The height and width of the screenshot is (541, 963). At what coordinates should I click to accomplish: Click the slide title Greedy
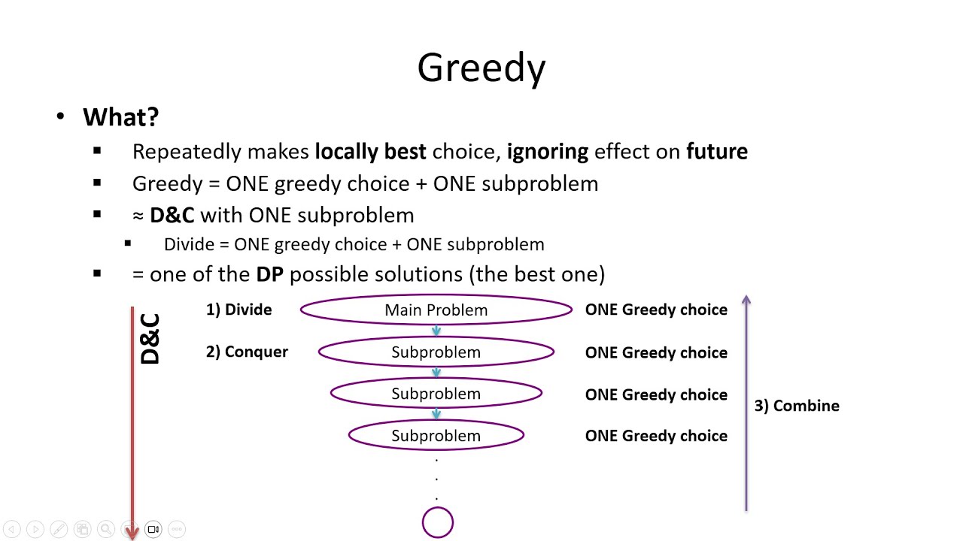(x=481, y=68)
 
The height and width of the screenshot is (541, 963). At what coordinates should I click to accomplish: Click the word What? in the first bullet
(x=120, y=117)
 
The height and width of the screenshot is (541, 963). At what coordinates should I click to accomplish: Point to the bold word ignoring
(x=547, y=152)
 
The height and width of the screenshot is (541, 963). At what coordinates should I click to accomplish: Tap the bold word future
(x=716, y=152)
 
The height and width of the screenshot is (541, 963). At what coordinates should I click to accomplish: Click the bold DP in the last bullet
(x=269, y=274)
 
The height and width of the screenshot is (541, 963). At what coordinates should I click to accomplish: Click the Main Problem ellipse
(x=436, y=310)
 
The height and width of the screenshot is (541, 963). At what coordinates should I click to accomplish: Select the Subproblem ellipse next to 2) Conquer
(x=436, y=352)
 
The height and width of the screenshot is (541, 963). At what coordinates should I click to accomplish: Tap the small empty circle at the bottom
(x=438, y=523)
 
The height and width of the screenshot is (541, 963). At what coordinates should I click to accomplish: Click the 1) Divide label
(x=238, y=310)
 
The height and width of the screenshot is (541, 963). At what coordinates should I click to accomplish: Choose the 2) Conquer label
(x=247, y=352)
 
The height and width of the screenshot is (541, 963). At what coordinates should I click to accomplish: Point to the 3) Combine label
(x=797, y=406)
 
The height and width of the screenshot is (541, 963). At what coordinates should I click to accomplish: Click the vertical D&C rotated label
(x=150, y=340)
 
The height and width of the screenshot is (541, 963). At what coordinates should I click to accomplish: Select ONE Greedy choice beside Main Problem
(x=656, y=310)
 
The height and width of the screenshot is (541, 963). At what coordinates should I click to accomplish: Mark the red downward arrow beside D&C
(x=132, y=421)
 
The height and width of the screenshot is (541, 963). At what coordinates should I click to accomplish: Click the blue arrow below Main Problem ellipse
(x=436, y=331)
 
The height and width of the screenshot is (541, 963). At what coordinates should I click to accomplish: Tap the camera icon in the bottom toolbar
(x=153, y=529)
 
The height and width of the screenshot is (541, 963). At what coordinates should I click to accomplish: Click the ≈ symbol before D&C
(x=138, y=216)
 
